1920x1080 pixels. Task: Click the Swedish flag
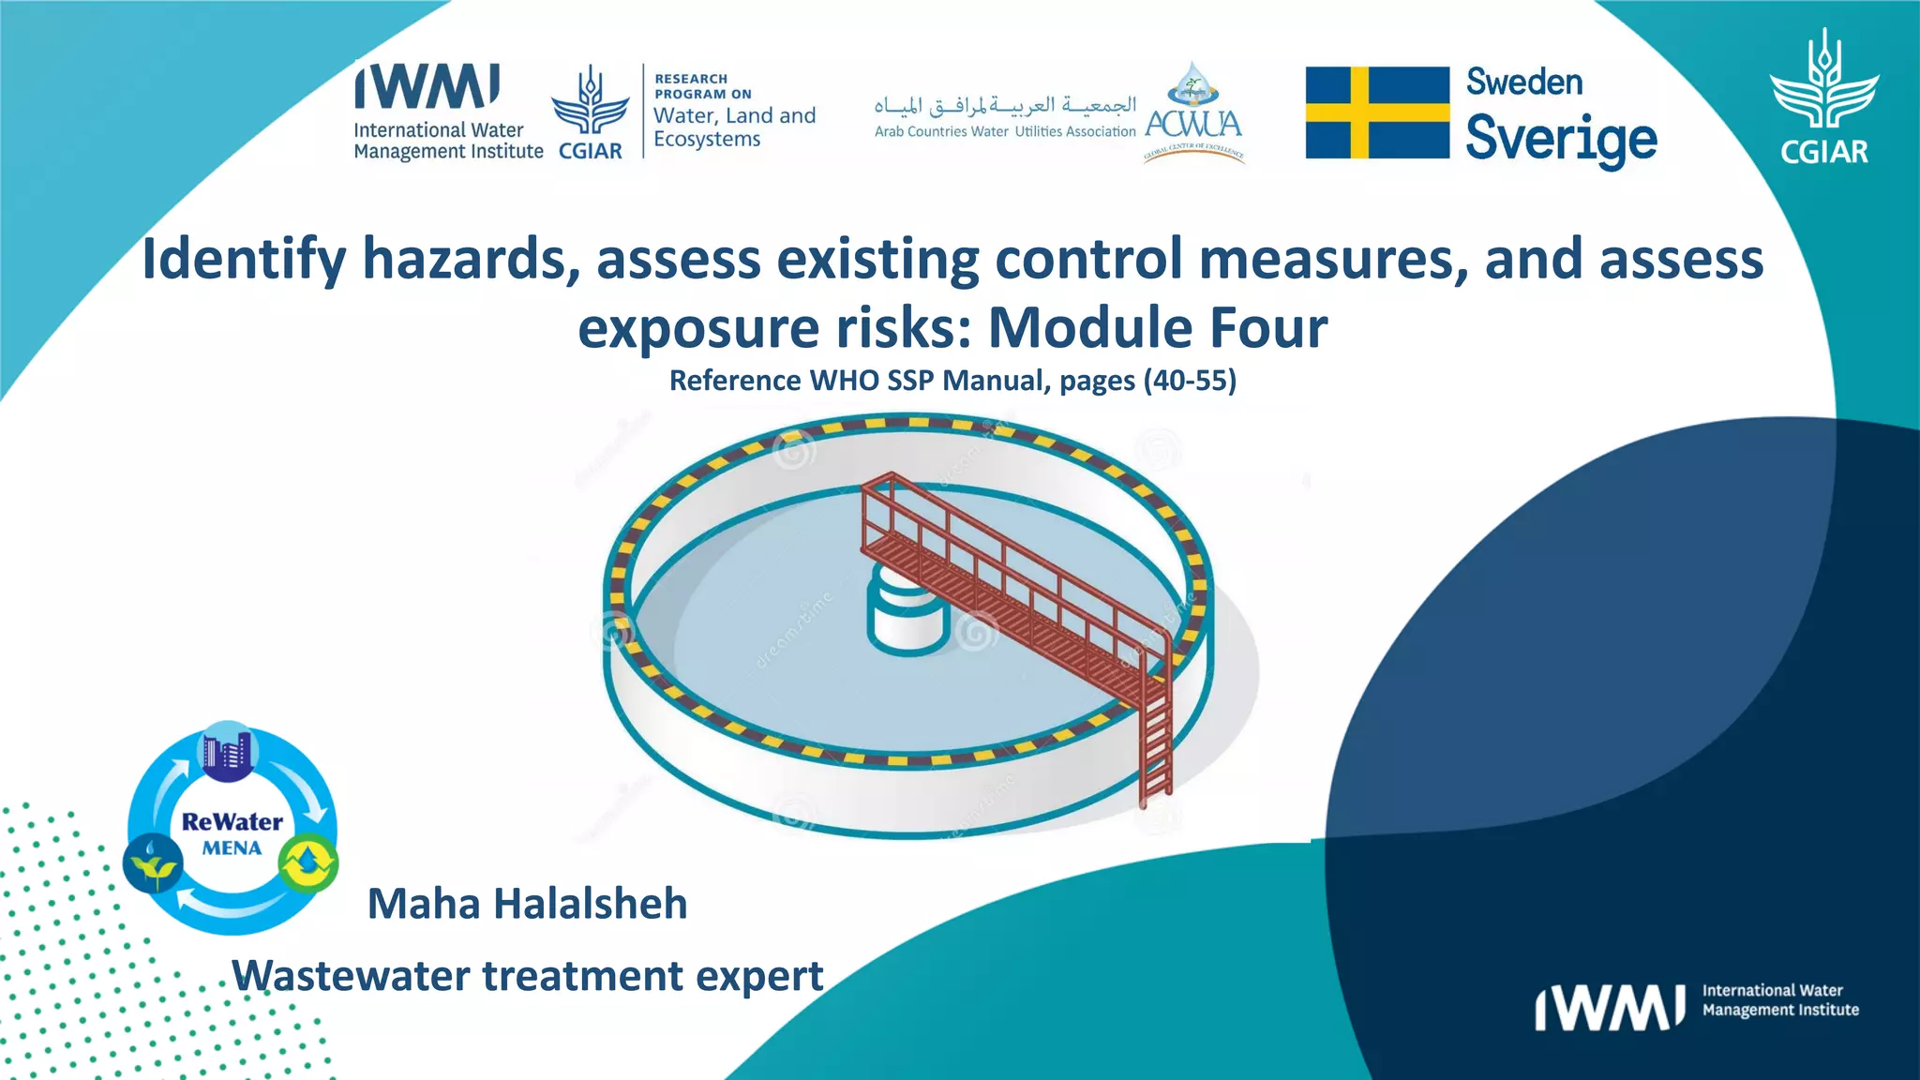[x=1376, y=112]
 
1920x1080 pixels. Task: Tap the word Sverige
[x=1561, y=139]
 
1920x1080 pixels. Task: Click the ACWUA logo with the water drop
[x=1193, y=112]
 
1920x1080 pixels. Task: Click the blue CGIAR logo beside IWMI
[x=590, y=112]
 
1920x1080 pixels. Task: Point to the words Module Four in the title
[x=1158, y=328]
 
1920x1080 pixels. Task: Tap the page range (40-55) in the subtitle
[x=1190, y=381]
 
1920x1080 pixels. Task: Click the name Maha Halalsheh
[x=527, y=904]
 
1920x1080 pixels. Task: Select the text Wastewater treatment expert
[x=527, y=976]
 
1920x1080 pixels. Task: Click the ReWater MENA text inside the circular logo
[x=232, y=833]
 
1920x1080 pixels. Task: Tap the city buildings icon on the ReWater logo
[x=227, y=753]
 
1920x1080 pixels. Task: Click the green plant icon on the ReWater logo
[x=153, y=863]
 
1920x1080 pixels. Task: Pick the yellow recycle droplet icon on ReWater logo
[x=308, y=863]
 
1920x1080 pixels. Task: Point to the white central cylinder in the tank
[x=907, y=614]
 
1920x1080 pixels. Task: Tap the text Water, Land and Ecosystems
[x=734, y=127]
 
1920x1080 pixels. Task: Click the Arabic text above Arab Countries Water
[x=1004, y=104]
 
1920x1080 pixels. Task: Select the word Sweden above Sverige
[x=1523, y=82]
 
